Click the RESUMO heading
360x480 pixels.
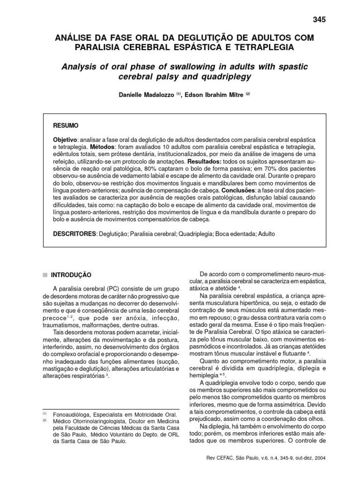[66, 126]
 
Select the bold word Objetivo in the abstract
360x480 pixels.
[65, 141]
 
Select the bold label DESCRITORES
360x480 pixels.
[74, 233]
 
